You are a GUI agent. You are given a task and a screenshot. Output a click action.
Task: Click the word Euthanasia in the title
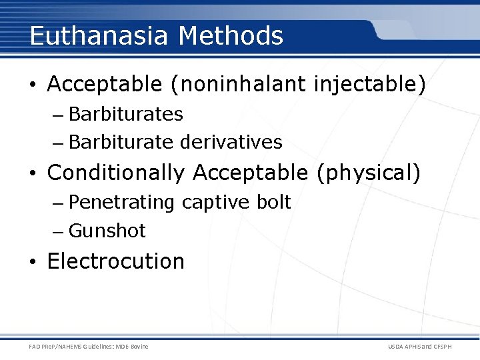pos(99,35)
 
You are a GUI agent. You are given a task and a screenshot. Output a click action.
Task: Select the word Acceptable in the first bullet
pos(105,85)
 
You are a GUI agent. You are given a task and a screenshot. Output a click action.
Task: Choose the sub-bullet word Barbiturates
pos(126,114)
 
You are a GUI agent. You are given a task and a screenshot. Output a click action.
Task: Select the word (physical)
pos(369,173)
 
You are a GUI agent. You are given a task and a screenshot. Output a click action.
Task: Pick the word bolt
pos(275,202)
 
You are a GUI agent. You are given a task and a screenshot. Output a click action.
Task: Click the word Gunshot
pos(107,231)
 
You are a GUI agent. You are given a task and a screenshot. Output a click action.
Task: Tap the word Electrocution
pos(116,261)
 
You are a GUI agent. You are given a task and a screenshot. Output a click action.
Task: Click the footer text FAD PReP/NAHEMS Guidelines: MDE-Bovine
pos(89,346)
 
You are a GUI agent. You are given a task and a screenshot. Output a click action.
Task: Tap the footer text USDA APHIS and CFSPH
pos(419,346)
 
